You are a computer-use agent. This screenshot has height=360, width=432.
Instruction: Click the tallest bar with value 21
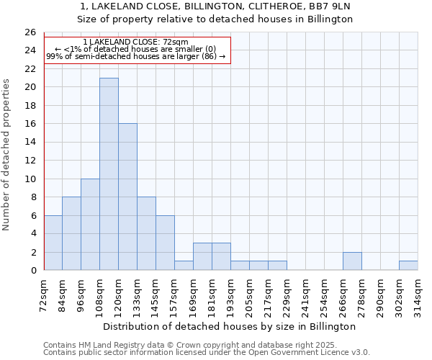[x=109, y=174]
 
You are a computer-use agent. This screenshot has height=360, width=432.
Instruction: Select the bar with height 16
[x=127, y=197]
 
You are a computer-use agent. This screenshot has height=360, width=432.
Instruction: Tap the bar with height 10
[x=90, y=225]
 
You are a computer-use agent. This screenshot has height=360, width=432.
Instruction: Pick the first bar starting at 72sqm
[x=53, y=243]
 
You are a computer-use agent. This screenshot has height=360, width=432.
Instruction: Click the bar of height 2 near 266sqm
[x=352, y=261]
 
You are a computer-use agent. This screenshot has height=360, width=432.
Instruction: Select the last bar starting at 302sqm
[x=408, y=266]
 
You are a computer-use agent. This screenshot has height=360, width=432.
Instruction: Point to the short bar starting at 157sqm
[x=184, y=266]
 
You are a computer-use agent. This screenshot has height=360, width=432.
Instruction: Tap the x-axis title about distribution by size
[x=234, y=326]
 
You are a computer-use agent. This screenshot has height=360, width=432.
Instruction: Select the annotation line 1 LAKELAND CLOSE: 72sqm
[x=135, y=42]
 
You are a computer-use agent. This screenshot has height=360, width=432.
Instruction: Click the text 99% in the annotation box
[x=54, y=56]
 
